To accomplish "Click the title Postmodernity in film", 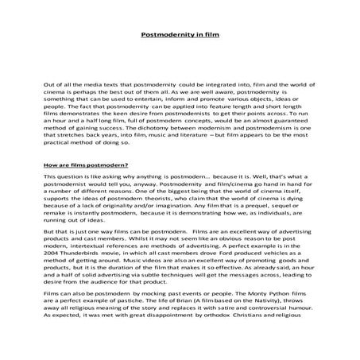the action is point(180,35).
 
